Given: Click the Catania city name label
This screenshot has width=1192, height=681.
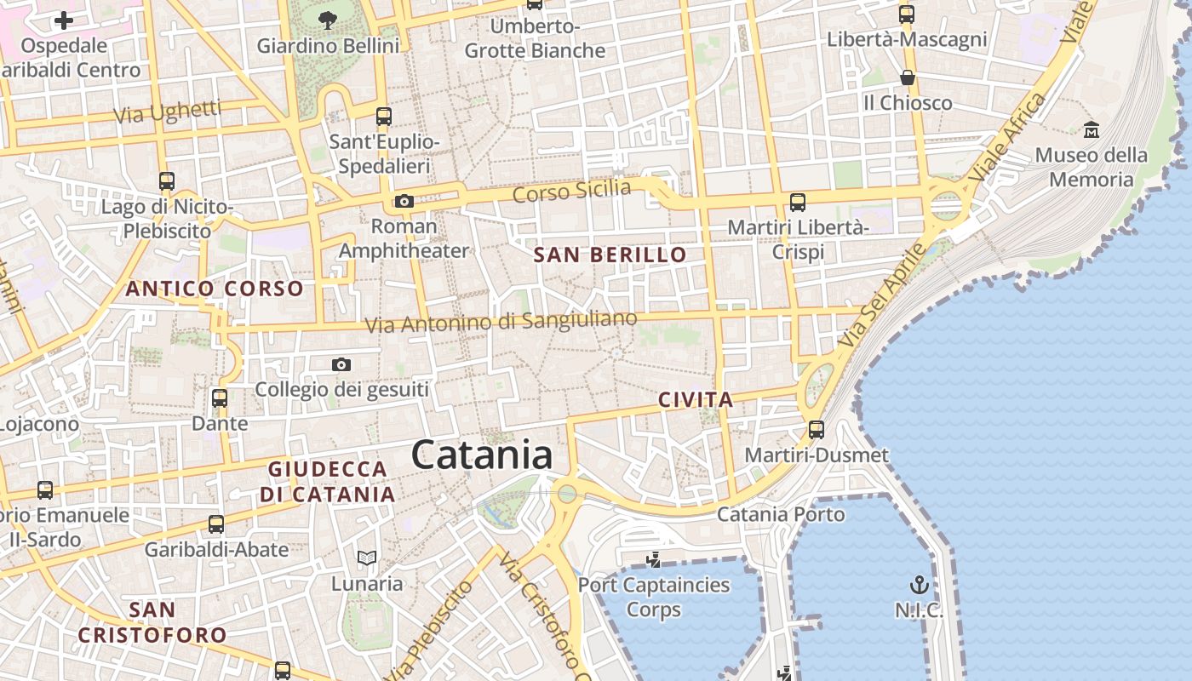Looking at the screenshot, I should (x=482, y=455).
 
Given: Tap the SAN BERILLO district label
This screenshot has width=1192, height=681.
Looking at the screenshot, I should (x=610, y=255).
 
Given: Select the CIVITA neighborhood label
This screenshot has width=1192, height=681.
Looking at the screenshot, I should (x=696, y=399).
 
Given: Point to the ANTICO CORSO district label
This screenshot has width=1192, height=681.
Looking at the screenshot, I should (x=215, y=289).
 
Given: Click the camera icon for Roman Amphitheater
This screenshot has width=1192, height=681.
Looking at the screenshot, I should (x=404, y=202).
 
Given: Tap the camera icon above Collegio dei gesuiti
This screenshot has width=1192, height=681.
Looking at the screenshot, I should (x=341, y=365).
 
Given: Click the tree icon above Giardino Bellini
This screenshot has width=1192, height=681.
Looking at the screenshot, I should (x=327, y=20).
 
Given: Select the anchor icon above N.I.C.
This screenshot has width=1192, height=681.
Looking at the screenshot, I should (x=919, y=585).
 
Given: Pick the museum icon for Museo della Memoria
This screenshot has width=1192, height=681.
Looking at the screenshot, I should (x=1091, y=130).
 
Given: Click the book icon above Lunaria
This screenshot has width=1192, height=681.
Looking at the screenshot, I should (x=367, y=558).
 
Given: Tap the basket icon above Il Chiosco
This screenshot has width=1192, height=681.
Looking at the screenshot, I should (x=908, y=78).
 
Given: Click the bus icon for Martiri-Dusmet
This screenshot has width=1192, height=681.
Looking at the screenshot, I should (x=817, y=430).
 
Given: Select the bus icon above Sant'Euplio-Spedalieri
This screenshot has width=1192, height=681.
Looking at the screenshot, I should (x=384, y=116).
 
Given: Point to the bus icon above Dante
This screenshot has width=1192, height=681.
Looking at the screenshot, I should (x=220, y=398).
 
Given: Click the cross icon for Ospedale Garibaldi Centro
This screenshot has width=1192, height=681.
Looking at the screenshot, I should (x=64, y=20).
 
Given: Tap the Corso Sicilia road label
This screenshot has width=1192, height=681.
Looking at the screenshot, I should (x=572, y=192).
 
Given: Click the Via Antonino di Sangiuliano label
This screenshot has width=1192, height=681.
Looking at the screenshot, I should (x=501, y=322).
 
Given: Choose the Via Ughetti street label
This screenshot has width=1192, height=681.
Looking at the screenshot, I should (x=168, y=112).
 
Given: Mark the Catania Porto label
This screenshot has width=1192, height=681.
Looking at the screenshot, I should (x=781, y=514).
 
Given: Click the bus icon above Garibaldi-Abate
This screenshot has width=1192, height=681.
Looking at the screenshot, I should (x=216, y=524).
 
